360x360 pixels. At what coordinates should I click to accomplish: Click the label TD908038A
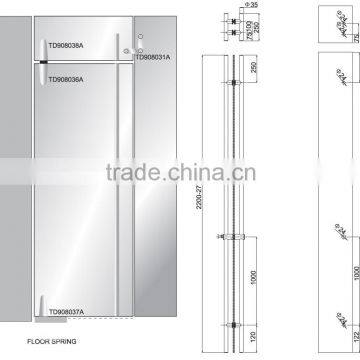(67, 46)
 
